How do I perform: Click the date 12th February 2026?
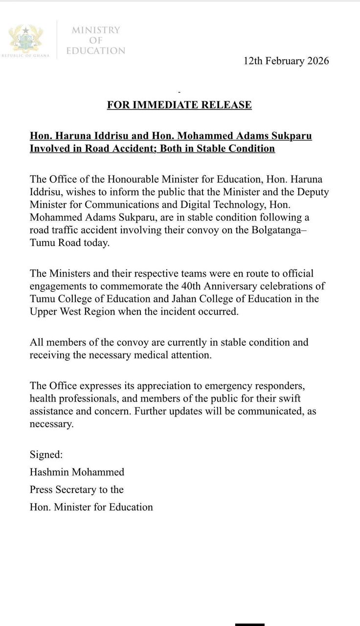tap(286, 61)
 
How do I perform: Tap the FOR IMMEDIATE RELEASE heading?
tap(180, 105)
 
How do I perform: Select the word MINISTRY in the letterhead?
tap(96, 30)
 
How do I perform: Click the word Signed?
tap(46, 454)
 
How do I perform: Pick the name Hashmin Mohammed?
tap(77, 472)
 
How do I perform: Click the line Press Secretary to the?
tap(76, 490)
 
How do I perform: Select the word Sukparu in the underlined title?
tap(289, 135)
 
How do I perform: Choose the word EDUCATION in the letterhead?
tap(96, 51)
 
